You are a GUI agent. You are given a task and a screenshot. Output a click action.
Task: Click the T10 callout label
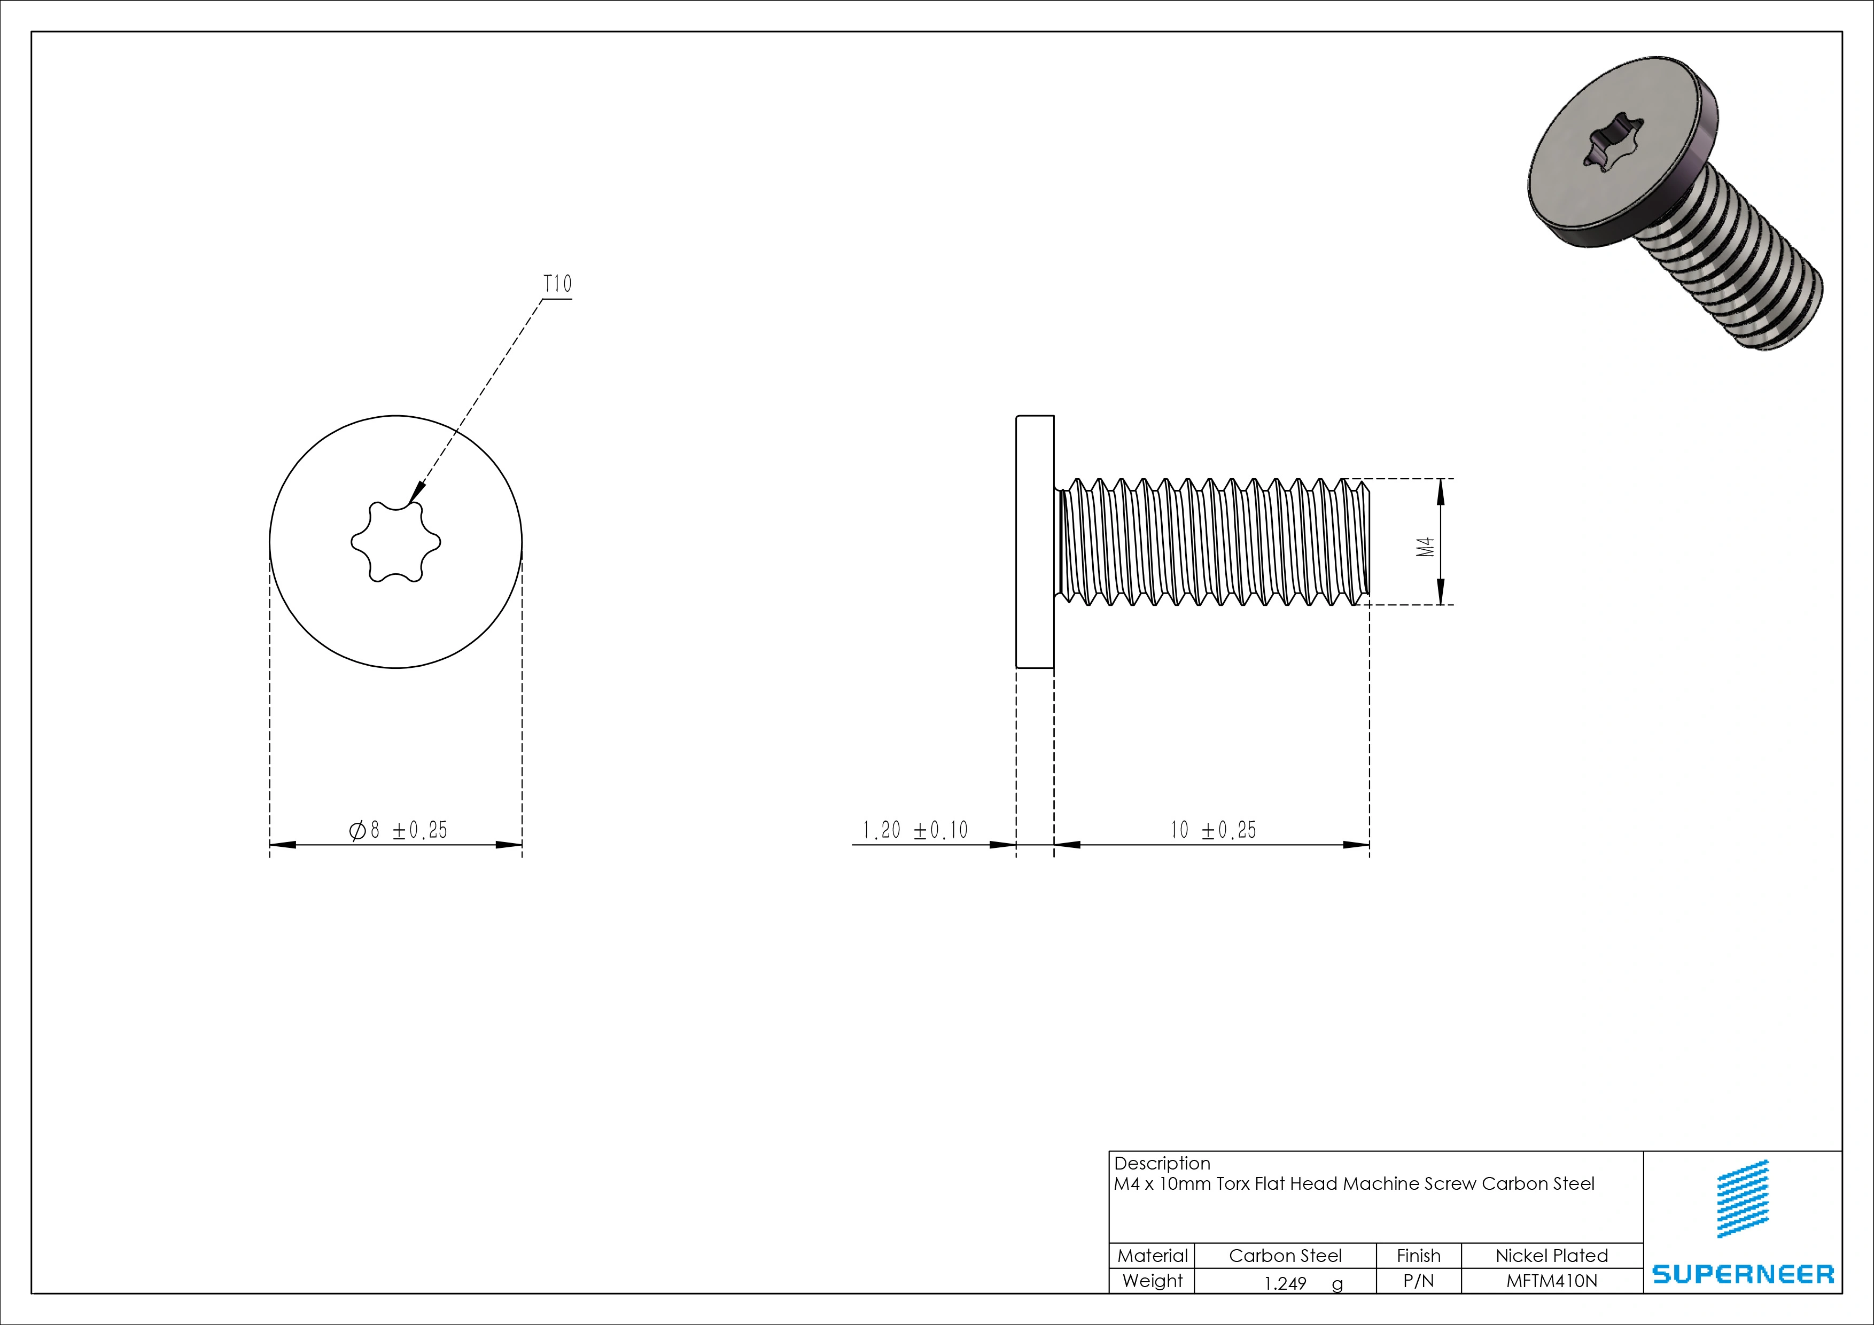[557, 284]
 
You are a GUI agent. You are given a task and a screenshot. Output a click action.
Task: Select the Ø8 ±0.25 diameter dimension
[398, 831]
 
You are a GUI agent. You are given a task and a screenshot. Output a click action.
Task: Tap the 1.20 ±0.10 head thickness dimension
[915, 831]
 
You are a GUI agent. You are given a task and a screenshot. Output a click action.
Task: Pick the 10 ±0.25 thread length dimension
[1213, 831]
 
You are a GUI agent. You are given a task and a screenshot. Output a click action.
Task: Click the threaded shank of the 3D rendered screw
[1722, 269]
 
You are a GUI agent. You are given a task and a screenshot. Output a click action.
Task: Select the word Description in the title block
[1162, 1164]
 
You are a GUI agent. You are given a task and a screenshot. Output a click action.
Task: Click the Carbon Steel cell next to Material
[1285, 1256]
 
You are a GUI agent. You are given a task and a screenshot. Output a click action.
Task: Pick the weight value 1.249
[1286, 1283]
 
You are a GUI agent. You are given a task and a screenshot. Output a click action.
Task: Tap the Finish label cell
[1419, 1256]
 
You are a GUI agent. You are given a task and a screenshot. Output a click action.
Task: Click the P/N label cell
[1419, 1281]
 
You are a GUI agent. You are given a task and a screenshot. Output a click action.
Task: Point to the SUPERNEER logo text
[1743, 1274]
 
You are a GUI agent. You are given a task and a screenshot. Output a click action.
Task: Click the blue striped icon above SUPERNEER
[1744, 1198]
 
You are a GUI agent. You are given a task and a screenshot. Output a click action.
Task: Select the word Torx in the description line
[1233, 1184]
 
